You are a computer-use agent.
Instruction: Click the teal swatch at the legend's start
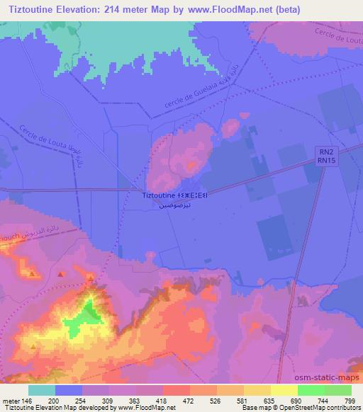[x=42, y=390]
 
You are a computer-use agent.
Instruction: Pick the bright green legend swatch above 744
[x=311, y=390]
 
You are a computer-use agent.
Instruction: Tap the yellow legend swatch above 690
[x=284, y=390]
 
